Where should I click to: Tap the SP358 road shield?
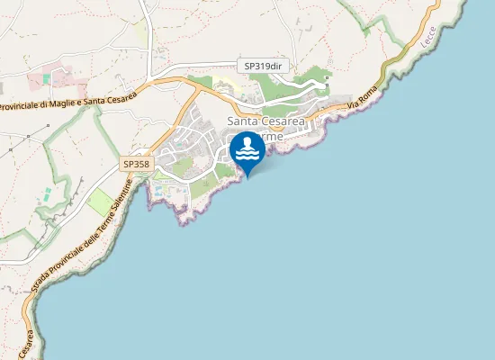(x=137, y=164)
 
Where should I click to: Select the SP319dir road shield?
(x=263, y=67)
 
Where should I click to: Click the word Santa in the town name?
(x=245, y=121)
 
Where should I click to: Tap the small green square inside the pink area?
(x=45, y=79)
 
